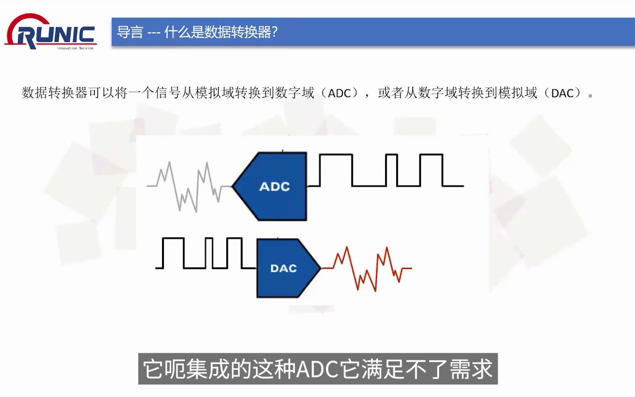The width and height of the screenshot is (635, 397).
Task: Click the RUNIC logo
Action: click(51, 32)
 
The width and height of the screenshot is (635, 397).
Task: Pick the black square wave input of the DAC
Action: click(206, 254)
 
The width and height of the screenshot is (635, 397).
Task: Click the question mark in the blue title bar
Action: click(274, 32)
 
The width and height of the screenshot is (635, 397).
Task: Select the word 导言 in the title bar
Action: click(130, 32)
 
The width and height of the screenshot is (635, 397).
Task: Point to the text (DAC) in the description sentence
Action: click(562, 93)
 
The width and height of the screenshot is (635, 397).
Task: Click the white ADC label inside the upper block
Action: click(275, 187)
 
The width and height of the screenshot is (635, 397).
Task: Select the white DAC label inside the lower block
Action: click(283, 268)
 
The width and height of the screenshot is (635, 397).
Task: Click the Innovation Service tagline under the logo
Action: click(75, 48)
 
